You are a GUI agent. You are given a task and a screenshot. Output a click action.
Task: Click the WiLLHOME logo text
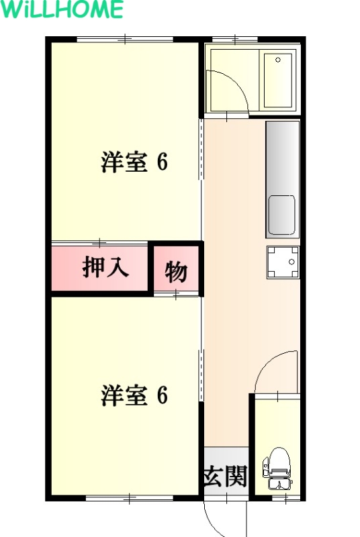point(62,9)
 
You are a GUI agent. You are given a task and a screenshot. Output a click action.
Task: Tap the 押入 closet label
point(105,267)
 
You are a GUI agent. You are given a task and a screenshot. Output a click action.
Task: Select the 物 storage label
point(176,273)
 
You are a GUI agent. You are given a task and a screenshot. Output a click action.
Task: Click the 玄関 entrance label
point(225,476)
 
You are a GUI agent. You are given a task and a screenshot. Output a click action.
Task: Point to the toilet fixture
point(277,468)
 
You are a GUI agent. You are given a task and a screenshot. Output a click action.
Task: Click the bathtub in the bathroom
point(277,80)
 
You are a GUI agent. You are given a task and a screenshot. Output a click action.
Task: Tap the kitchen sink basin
point(281,215)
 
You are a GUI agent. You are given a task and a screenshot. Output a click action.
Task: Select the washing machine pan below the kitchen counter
point(283,262)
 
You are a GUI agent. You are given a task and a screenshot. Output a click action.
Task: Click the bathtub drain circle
point(278,60)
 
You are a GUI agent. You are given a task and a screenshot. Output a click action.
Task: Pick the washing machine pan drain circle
point(291,262)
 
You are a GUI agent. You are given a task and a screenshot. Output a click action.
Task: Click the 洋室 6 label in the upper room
point(134,162)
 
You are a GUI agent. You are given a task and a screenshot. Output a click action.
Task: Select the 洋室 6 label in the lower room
point(134,395)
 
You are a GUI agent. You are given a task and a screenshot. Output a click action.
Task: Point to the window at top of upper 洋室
point(125,39)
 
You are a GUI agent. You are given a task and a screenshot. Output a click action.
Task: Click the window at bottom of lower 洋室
point(130,498)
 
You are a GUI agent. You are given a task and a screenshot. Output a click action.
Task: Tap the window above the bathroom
point(235,39)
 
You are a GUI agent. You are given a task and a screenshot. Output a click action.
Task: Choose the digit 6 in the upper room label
point(163,162)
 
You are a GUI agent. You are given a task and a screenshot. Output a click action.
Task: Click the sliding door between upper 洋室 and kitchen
point(201,149)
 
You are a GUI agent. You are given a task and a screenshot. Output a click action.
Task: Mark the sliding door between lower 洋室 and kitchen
point(201,375)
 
